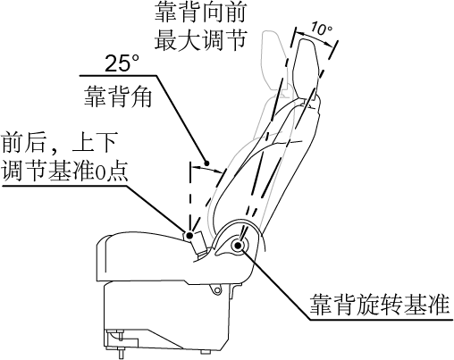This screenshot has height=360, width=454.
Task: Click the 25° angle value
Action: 122,63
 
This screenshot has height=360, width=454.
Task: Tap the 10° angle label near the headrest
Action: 321,29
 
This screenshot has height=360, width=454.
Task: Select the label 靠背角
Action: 118,96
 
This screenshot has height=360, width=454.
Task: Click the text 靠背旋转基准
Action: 379,305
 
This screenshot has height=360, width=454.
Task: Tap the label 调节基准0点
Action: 65,171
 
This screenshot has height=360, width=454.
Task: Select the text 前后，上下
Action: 59,143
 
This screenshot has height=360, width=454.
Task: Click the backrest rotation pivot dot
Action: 238,246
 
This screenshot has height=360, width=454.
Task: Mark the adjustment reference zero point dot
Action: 189,236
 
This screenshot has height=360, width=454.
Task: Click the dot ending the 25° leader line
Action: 206,163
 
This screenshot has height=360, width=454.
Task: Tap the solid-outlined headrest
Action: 307,68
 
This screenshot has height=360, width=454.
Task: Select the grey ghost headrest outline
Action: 274,60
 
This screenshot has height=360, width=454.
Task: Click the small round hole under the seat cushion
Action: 218,290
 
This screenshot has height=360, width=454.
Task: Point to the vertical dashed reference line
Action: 189,197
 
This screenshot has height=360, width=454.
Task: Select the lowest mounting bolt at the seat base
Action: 122,352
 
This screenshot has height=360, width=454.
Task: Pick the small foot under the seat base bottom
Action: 205,352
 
